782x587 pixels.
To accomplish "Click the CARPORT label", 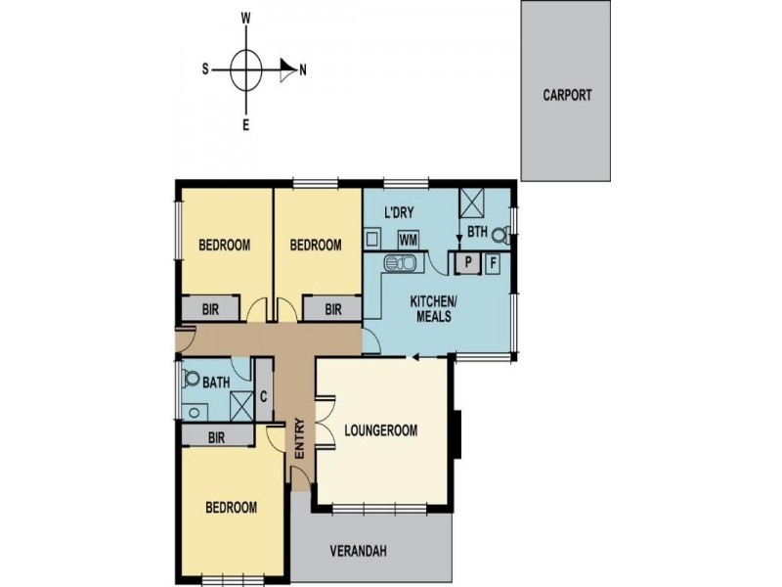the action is pos(567,95).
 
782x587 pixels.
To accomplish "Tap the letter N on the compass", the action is pos(303,70).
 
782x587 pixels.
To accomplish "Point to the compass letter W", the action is pos(246,19).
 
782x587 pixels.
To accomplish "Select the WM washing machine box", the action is pos(408,240).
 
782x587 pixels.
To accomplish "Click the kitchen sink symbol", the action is pos(401,261).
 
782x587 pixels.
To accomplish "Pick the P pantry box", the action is pos(468,262).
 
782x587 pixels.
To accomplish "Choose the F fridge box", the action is pos(493,262).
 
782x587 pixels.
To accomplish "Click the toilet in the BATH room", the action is pos(190,378).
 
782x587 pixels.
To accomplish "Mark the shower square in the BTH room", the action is pos(473,203).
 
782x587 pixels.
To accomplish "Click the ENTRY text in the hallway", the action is pos(300,438).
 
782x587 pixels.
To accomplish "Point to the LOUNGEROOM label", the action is pos(381,430).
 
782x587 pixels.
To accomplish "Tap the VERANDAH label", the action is pos(359,551).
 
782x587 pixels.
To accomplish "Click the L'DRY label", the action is pos(399,212).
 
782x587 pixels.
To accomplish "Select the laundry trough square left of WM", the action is pos(372,239).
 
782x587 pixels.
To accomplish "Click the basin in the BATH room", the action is pos(194,412).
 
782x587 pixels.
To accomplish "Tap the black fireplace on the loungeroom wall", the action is pos(457,434).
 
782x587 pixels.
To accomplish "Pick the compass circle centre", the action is pos(246,70).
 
